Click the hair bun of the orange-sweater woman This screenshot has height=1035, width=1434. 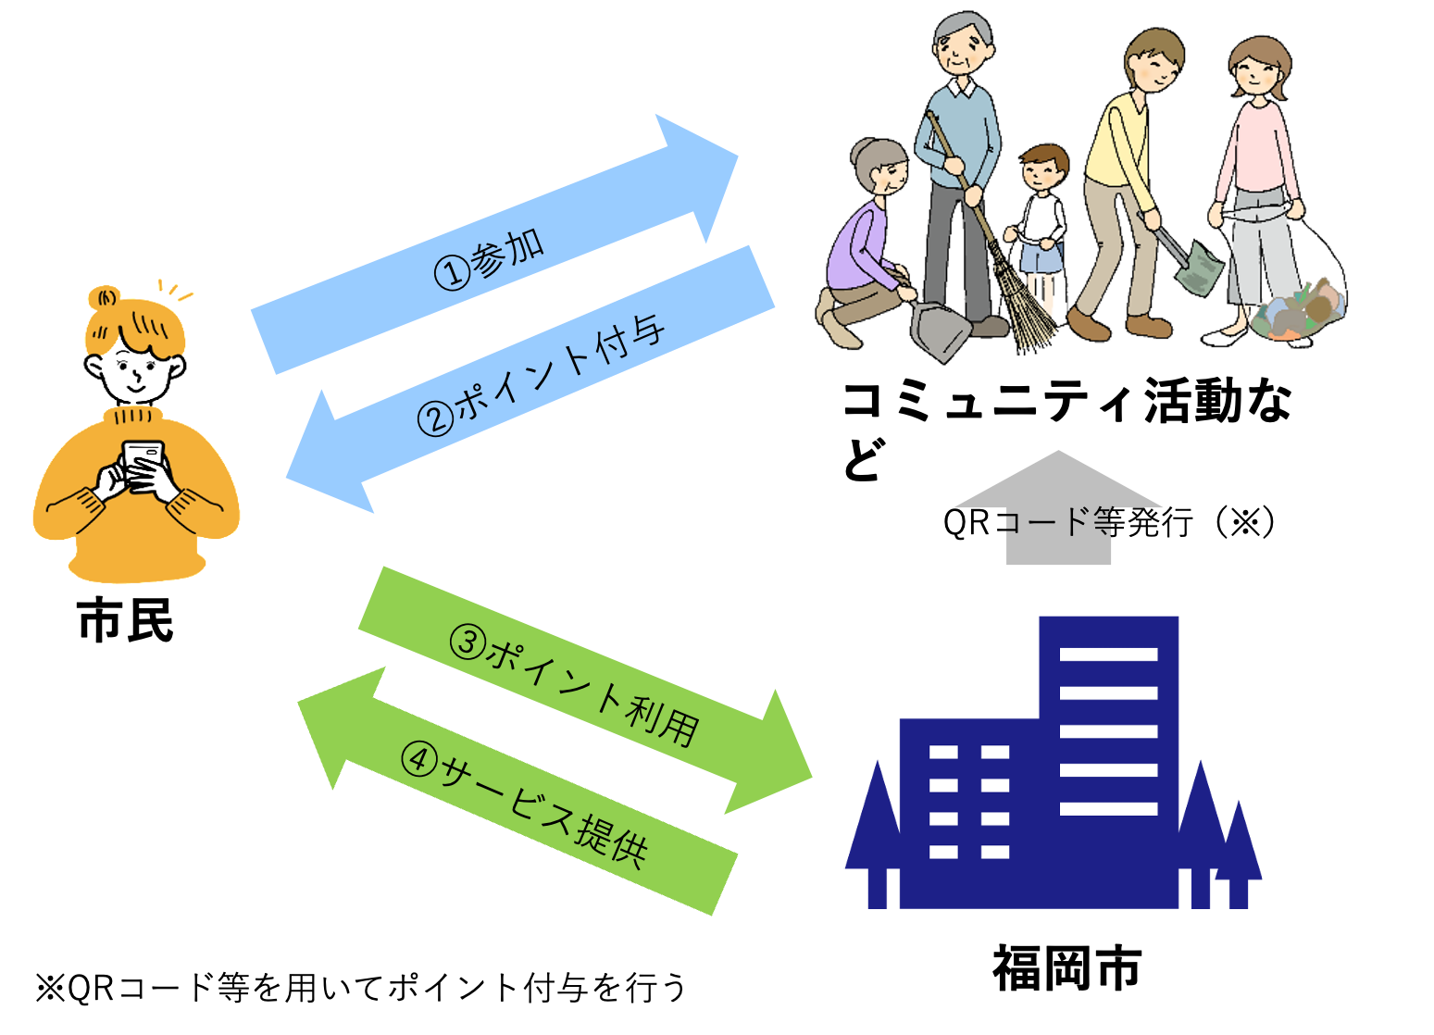point(105,298)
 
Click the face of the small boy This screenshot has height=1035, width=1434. point(1042,172)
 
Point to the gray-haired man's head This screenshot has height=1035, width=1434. point(963,46)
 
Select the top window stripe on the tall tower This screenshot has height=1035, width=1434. point(1108,655)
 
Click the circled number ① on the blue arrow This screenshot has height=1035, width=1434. point(453,273)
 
